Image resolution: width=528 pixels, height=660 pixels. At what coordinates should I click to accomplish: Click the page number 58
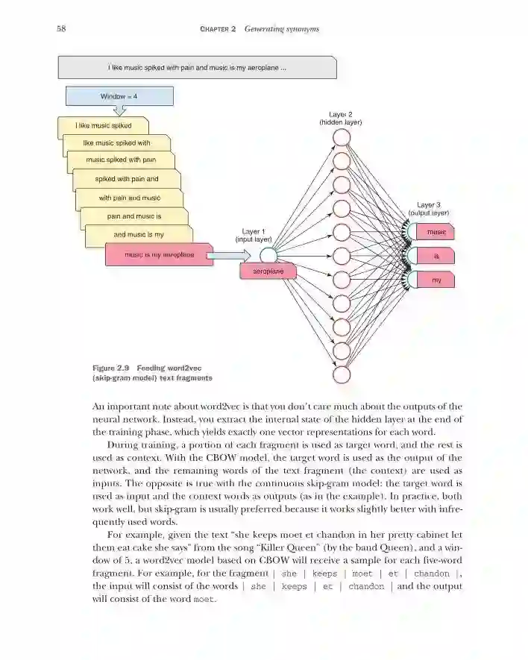(x=61, y=29)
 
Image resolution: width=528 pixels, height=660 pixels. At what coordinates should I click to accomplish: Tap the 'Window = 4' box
(x=119, y=96)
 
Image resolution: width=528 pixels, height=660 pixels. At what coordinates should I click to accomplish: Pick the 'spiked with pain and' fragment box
(x=127, y=179)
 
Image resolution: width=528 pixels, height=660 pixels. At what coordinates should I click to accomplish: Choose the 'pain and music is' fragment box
(x=134, y=216)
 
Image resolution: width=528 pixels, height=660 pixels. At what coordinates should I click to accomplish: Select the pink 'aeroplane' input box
(x=267, y=271)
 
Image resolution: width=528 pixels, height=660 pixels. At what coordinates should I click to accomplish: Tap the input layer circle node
(x=268, y=257)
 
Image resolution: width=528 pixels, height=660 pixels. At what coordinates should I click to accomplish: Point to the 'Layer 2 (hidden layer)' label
(x=340, y=117)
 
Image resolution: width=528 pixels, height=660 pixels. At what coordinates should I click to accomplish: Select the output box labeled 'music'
(x=435, y=232)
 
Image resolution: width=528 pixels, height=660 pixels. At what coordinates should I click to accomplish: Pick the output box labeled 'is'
(x=436, y=257)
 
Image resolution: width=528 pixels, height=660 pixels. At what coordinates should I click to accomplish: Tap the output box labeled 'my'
(x=436, y=280)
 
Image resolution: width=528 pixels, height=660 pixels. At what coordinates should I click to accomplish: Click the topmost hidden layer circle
(x=342, y=138)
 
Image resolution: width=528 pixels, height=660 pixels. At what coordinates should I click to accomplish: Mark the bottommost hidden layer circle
(x=342, y=374)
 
